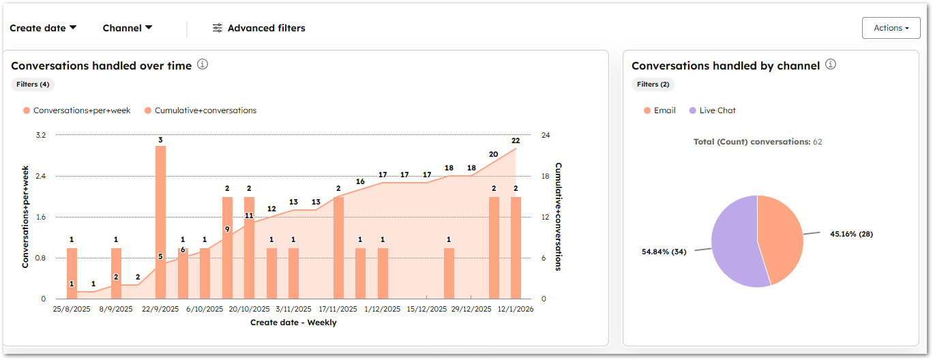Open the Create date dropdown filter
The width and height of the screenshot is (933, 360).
[43, 28]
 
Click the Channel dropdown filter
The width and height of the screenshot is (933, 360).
[127, 28]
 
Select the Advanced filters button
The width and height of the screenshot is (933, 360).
[258, 28]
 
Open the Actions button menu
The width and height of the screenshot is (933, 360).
[891, 28]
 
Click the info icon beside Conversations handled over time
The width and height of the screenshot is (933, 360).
[203, 65]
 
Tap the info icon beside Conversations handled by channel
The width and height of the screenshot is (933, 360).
[830, 65]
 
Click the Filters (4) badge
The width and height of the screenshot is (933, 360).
[32, 85]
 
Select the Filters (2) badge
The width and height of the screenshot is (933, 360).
[653, 85]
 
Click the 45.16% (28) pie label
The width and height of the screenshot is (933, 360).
[851, 234]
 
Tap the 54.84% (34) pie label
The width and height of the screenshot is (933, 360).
[664, 252]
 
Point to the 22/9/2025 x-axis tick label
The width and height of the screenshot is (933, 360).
[160, 309]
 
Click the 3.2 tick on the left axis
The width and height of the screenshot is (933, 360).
[40, 135]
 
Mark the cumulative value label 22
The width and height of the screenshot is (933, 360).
[516, 140]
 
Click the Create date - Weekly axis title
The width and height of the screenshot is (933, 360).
[293, 322]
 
